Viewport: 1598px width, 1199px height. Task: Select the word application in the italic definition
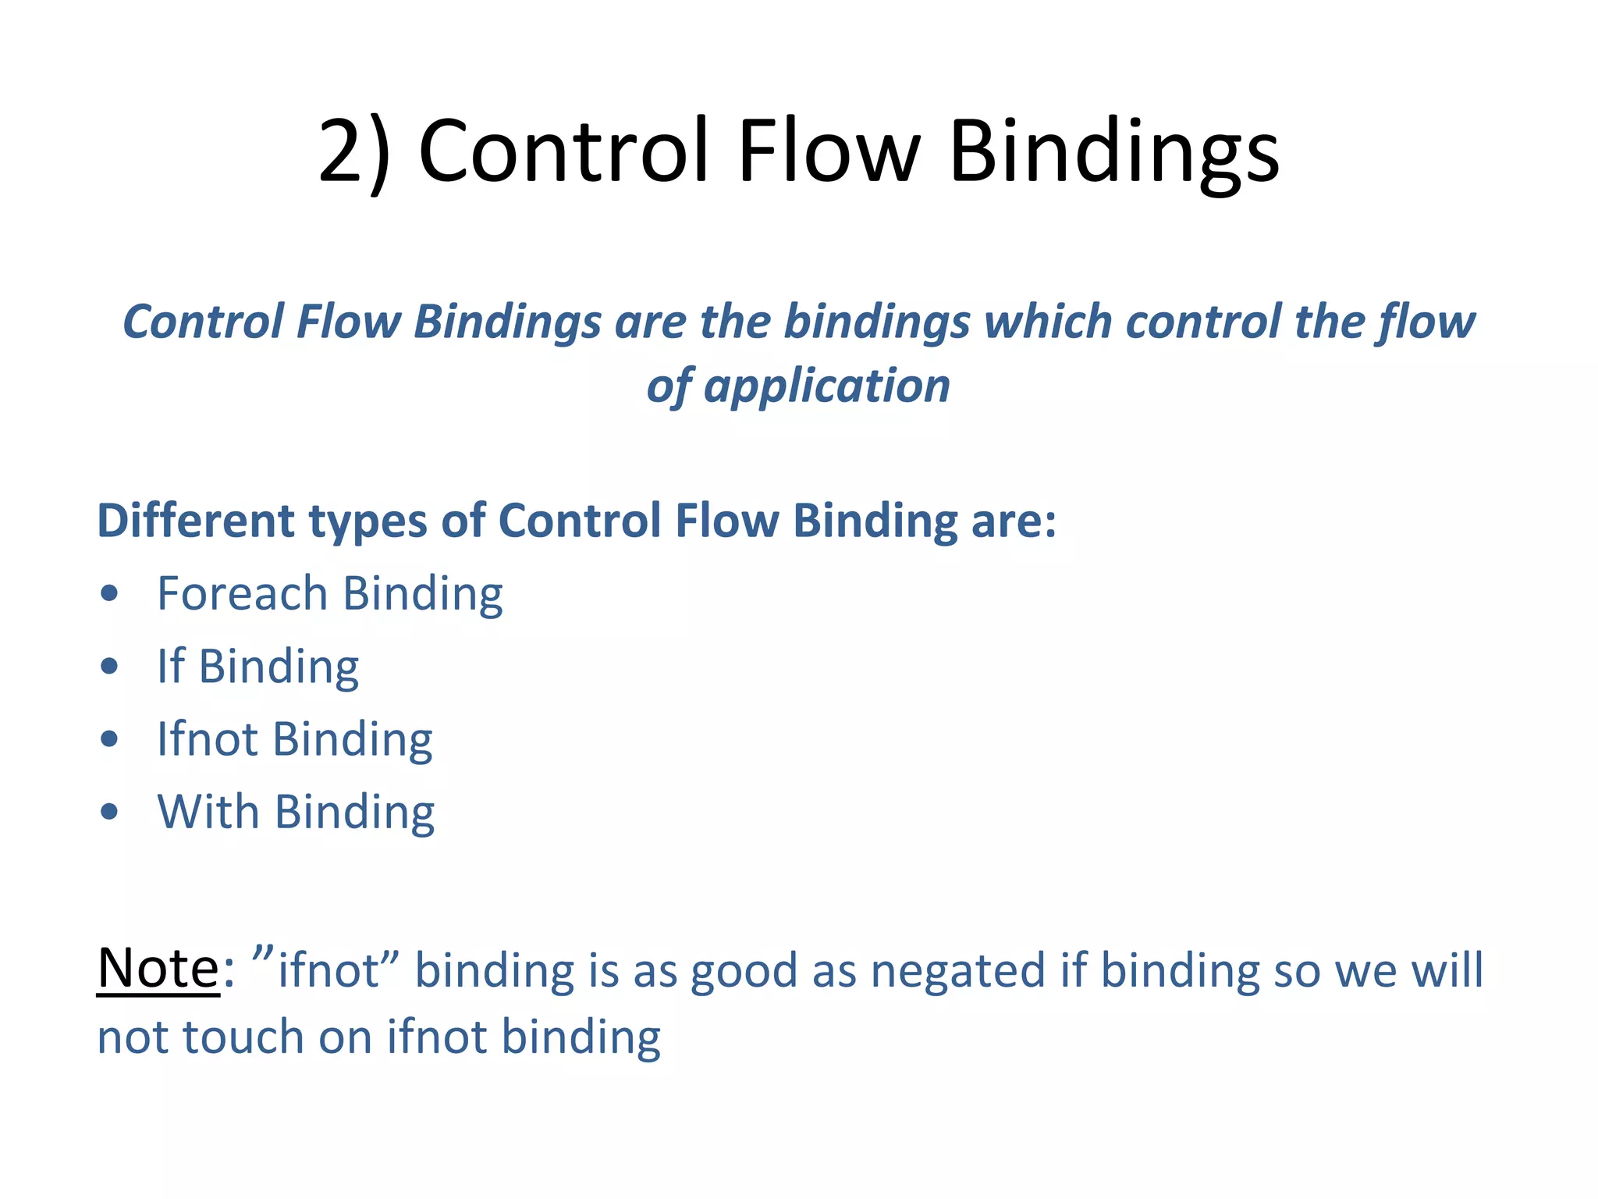tap(826, 386)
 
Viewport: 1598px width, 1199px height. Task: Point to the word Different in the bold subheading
tap(196, 521)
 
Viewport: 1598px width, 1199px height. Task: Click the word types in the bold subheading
tap(368, 522)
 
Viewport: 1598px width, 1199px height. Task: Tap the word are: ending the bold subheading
tap(1014, 521)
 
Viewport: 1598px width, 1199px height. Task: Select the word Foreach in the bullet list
tap(242, 593)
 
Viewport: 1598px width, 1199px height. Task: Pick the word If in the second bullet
tap(171, 666)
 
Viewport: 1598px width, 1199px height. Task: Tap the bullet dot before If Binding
tap(109, 667)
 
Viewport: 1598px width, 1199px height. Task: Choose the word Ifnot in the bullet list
tap(207, 738)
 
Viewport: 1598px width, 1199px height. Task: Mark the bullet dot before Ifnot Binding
tap(109, 739)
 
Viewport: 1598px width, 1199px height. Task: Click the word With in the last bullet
tap(208, 811)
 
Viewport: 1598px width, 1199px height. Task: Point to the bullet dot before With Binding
tap(109, 812)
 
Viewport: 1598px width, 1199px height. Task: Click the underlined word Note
tap(158, 968)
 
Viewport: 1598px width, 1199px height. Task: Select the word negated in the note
tap(957, 971)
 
